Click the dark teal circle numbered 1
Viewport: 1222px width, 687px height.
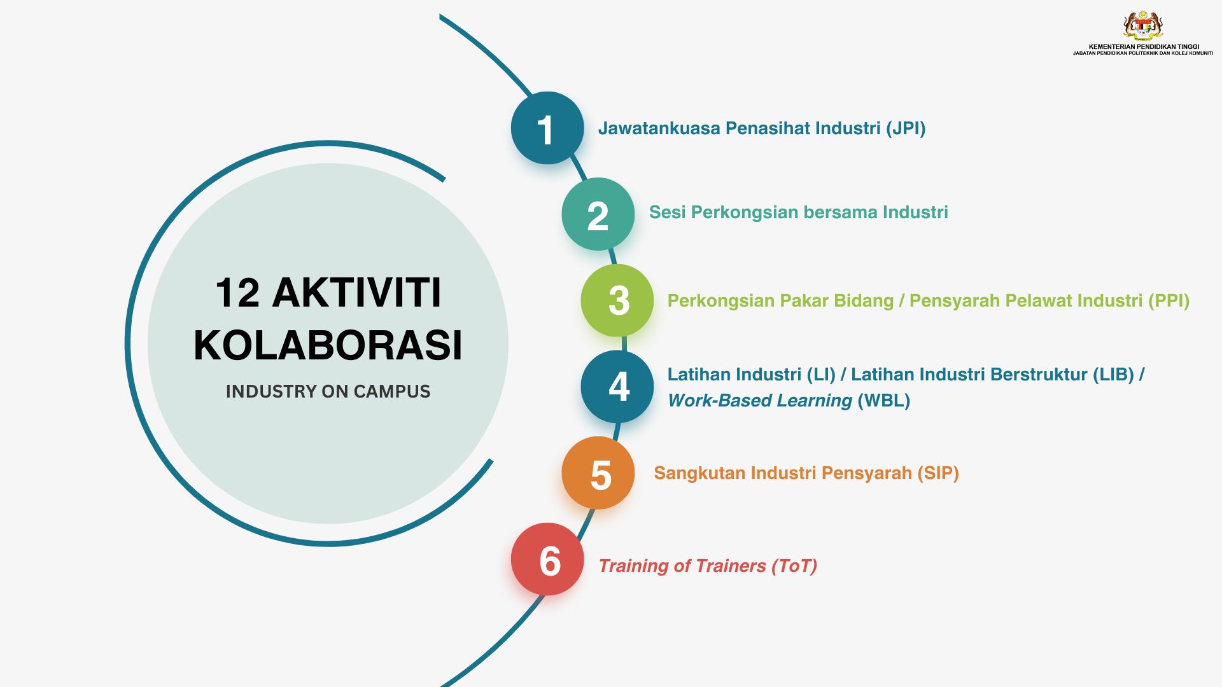pyautogui.click(x=547, y=128)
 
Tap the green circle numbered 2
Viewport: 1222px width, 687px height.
pyautogui.click(x=598, y=214)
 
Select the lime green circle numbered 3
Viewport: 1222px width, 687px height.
pyautogui.click(x=617, y=300)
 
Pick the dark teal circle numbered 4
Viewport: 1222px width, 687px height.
pyautogui.click(x=617, y=386)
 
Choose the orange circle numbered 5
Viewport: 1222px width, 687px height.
pyautogui.click(x=598, y=473)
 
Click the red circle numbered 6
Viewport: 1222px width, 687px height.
pyautogui.click(x=547, y=559)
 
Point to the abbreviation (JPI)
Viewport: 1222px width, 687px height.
pyautogui.click(x=906, y=128)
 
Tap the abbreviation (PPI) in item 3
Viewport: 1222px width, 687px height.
pyautogui.click(x=1169, y=301)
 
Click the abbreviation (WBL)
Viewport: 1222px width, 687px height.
pyautogui.click(x=884, y=401)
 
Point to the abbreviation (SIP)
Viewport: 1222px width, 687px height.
pyautogui.click(x=938, y=473)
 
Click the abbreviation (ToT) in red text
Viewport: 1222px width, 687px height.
pyautogui.click(x=794, y=566)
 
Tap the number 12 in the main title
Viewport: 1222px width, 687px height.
pyautogui.click(x=237, y=293)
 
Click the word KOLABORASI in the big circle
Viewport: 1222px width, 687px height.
pyautogui.click(x=328, y=345)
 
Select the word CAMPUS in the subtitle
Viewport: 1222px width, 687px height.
pyautogui.click(x=392, y=391)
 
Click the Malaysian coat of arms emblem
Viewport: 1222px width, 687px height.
pyautogui.click(x=1143, y=26)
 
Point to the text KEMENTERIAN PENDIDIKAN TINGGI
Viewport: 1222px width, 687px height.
pyautogui.click(x=1144, y=46)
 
